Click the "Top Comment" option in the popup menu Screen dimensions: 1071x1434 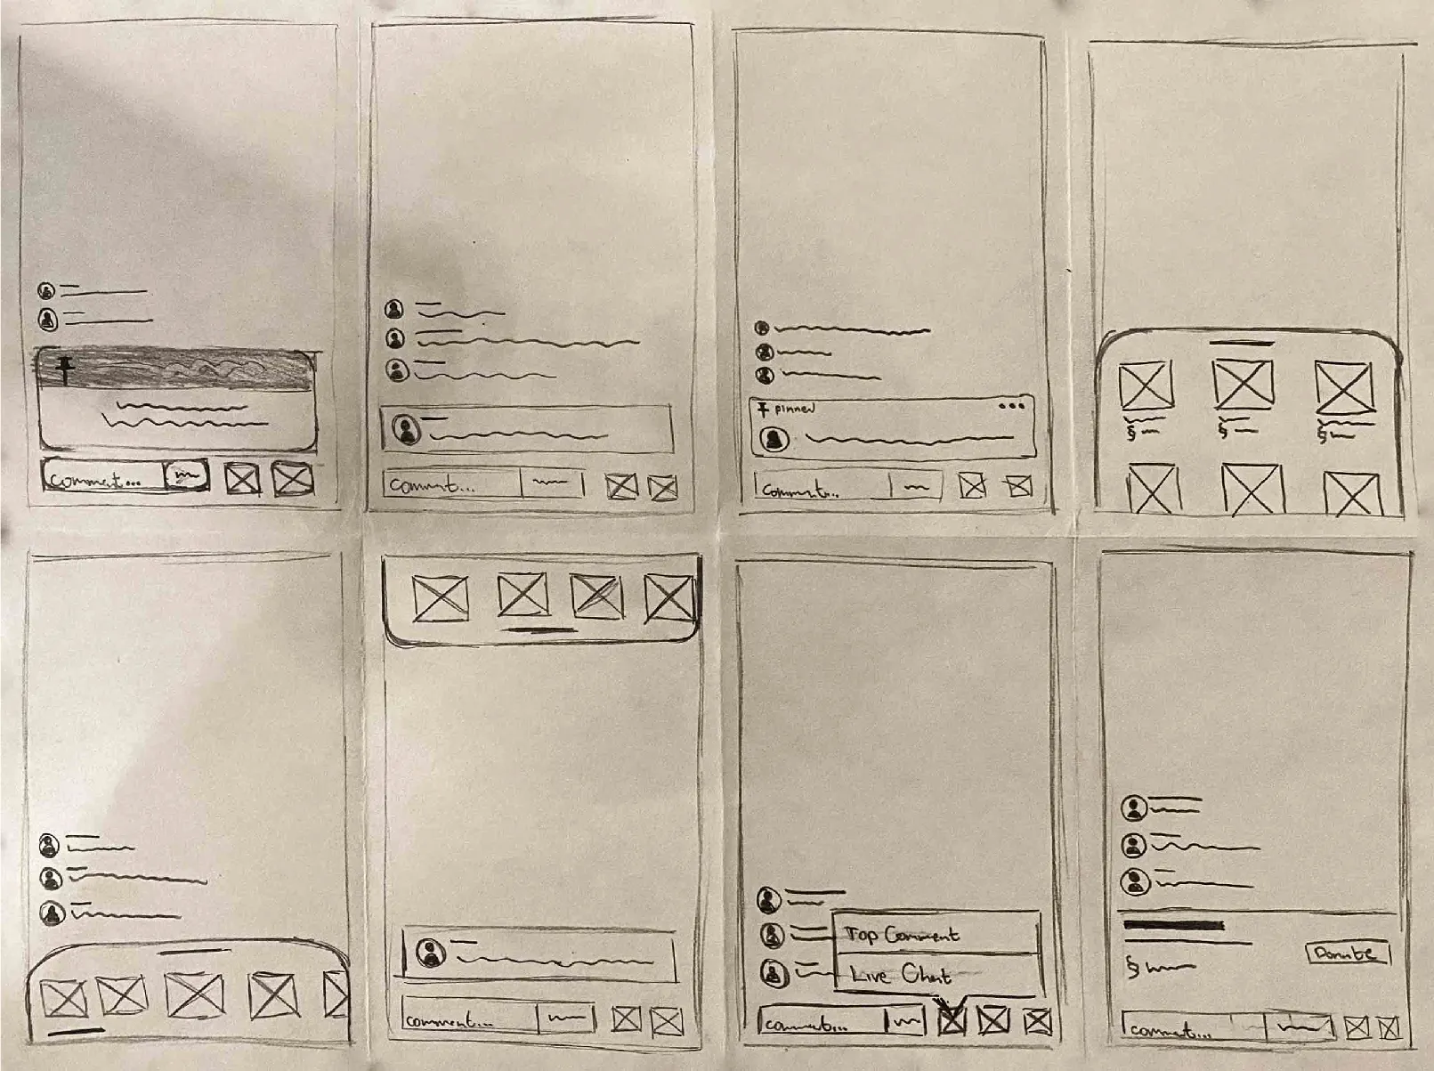pos(901,935)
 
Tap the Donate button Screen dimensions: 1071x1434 pos(1345,953)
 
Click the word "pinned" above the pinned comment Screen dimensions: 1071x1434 pos(793,410)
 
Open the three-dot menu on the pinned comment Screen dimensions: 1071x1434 pos(1011,406)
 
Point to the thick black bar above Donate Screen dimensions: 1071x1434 pos(1173,925)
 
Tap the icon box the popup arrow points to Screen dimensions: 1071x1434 pos(952,1019)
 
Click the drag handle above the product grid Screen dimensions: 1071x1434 pos(1243,342)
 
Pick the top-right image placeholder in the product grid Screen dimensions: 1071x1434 pos(1344,387)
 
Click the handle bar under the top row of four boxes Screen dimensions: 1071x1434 pos(539,630)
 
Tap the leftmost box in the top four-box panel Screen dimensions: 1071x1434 pos(441,598)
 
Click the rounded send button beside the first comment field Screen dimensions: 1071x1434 pos(187,475)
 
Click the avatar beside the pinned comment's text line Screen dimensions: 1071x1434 pos(774,439)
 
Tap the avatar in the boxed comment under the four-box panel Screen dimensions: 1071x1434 pos(432,953)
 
